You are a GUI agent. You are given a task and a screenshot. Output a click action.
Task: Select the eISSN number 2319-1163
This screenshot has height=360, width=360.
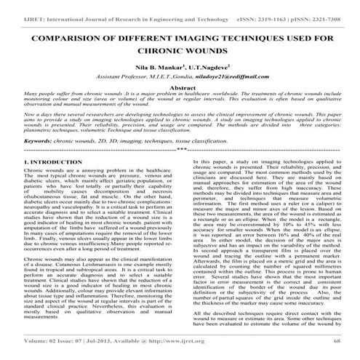[260, 7]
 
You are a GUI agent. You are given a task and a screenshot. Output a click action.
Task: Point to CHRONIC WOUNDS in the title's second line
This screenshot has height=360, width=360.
[180, 52]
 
